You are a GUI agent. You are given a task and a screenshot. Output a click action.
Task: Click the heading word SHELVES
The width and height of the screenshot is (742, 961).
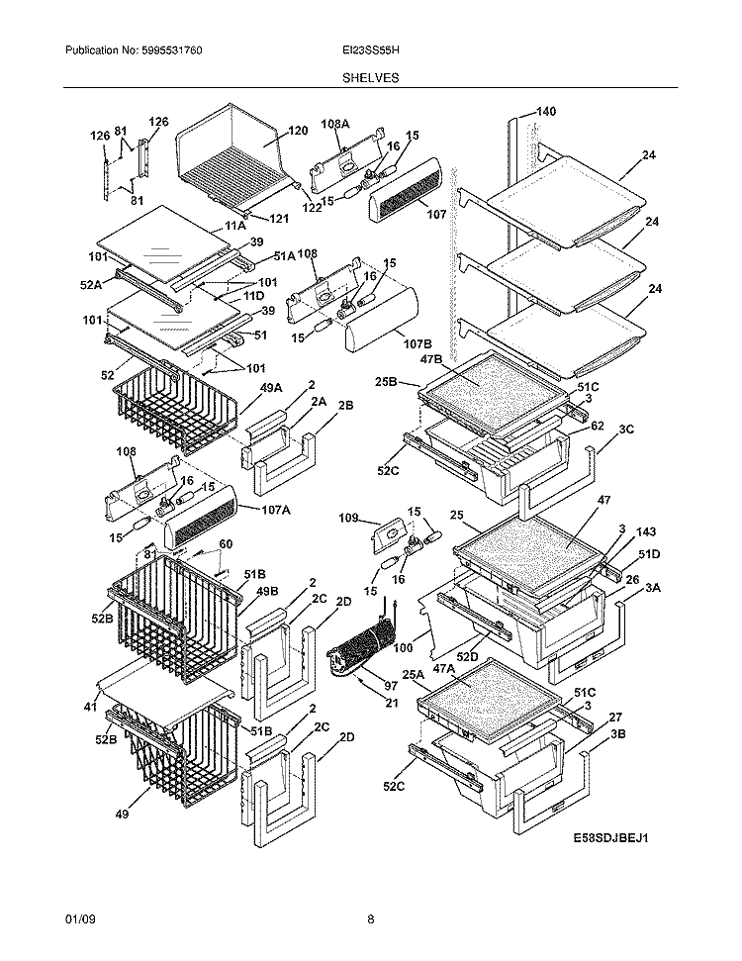tap(371, 77)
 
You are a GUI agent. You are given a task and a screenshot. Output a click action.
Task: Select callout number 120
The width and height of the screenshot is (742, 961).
tap(298, 131)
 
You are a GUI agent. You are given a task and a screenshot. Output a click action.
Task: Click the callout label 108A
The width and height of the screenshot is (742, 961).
tap(336, 124)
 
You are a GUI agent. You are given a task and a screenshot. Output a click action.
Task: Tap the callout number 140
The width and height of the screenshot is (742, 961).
tap(545, 112)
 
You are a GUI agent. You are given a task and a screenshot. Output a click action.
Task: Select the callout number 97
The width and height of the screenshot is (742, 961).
tap(391, 686)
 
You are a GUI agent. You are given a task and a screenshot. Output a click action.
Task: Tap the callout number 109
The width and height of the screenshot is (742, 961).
tap(347, 518)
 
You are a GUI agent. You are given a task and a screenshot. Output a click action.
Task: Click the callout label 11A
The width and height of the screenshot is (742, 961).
tap(234, 226)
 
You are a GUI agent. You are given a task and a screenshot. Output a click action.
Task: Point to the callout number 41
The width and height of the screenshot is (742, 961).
tap(90, 708)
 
